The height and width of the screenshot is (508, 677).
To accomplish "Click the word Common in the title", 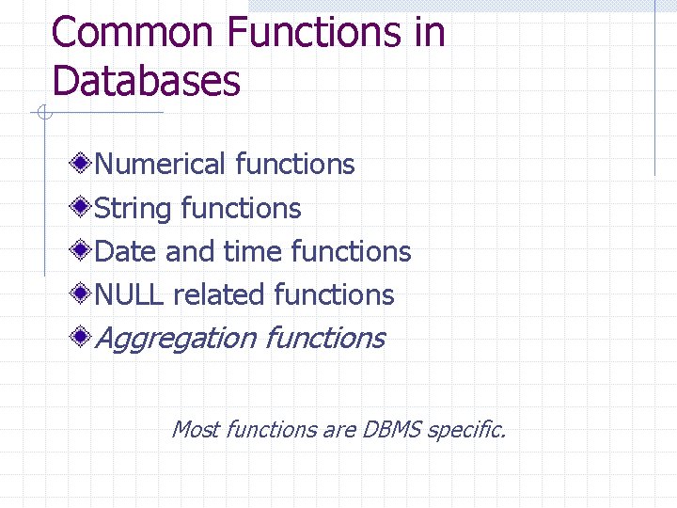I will coord(134,33).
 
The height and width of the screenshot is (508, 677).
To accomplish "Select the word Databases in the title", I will coord(147,81).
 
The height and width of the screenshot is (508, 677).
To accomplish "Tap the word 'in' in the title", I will coord(428,33).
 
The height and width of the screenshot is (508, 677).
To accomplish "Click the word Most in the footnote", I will coord(196,430).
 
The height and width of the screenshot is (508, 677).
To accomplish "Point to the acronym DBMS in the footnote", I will coord(389,430).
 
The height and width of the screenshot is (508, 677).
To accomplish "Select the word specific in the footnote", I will coord(465,431).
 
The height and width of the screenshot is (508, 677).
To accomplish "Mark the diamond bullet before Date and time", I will coord(83,251).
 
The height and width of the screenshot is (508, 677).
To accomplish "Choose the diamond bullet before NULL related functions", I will coord(83,294).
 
